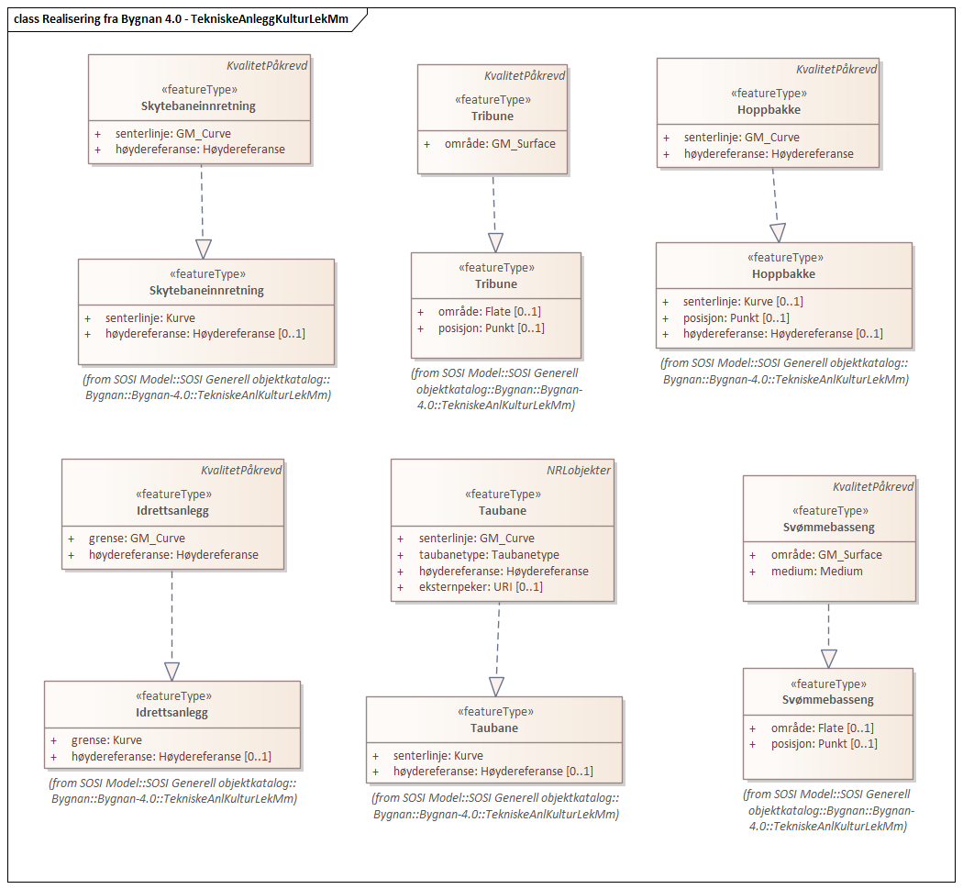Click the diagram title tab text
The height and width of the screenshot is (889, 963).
point(182,18)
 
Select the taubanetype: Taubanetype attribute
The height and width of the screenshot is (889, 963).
point(488,554)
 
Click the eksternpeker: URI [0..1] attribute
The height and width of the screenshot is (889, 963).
point(480,586)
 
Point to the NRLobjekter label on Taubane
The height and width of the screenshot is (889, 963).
point(578,470)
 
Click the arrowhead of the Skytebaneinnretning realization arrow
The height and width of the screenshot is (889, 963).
point(203,249)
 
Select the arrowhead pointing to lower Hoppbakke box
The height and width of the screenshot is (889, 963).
point(778,232)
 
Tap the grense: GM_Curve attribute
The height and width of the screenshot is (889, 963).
point(137,539)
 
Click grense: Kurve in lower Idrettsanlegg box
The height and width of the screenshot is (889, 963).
point(106,739)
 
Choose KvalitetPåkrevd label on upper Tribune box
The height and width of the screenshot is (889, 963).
point(525,75)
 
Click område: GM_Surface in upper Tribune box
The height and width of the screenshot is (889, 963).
point(500,143)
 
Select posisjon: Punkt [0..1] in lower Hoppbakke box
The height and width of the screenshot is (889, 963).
point(736,317)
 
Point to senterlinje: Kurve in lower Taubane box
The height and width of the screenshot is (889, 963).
point(425,755)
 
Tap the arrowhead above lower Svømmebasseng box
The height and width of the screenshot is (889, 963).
point(829,658)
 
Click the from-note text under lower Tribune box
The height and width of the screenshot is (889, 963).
point(495,389)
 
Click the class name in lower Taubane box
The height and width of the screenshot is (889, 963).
point(494,728)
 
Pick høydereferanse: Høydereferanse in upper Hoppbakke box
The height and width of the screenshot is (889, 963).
point(769,153)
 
